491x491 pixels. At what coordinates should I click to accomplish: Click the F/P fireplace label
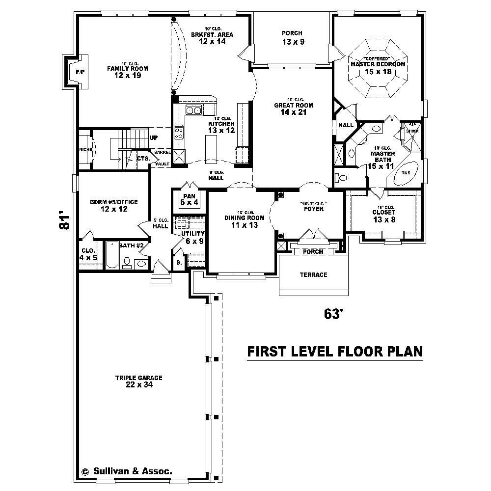coord(80,72)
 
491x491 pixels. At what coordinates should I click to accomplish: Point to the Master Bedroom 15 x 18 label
coord(378,68)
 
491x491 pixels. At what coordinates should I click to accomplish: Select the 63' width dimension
coord(332,314)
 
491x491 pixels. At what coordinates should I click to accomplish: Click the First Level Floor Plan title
coord(334,352)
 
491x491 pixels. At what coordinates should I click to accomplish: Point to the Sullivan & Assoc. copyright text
coord(127,471)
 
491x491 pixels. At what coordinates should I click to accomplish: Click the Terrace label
coord(313,274)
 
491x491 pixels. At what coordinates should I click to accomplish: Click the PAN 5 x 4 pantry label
coord(189,199)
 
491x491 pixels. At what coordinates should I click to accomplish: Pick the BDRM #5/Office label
coord(113,205)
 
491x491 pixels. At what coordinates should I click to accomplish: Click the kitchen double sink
coord(194,110)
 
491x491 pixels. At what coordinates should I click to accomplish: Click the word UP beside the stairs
coord(154,137)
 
